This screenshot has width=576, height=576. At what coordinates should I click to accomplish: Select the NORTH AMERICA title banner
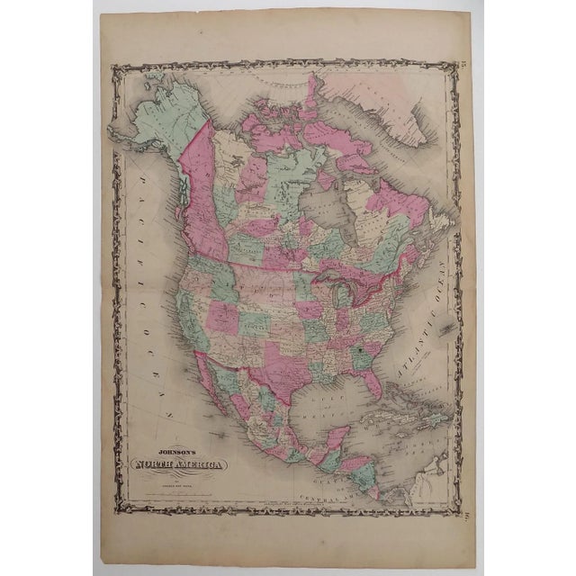177,465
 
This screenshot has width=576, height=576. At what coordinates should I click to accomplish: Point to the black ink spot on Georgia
359,350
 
